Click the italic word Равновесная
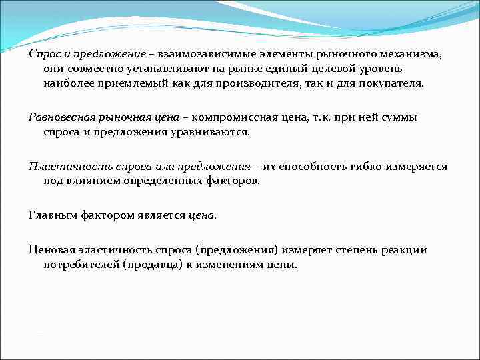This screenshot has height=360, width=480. click(58, 117)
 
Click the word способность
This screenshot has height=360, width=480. click(313, 166)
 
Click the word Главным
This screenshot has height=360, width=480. click(52, 215)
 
